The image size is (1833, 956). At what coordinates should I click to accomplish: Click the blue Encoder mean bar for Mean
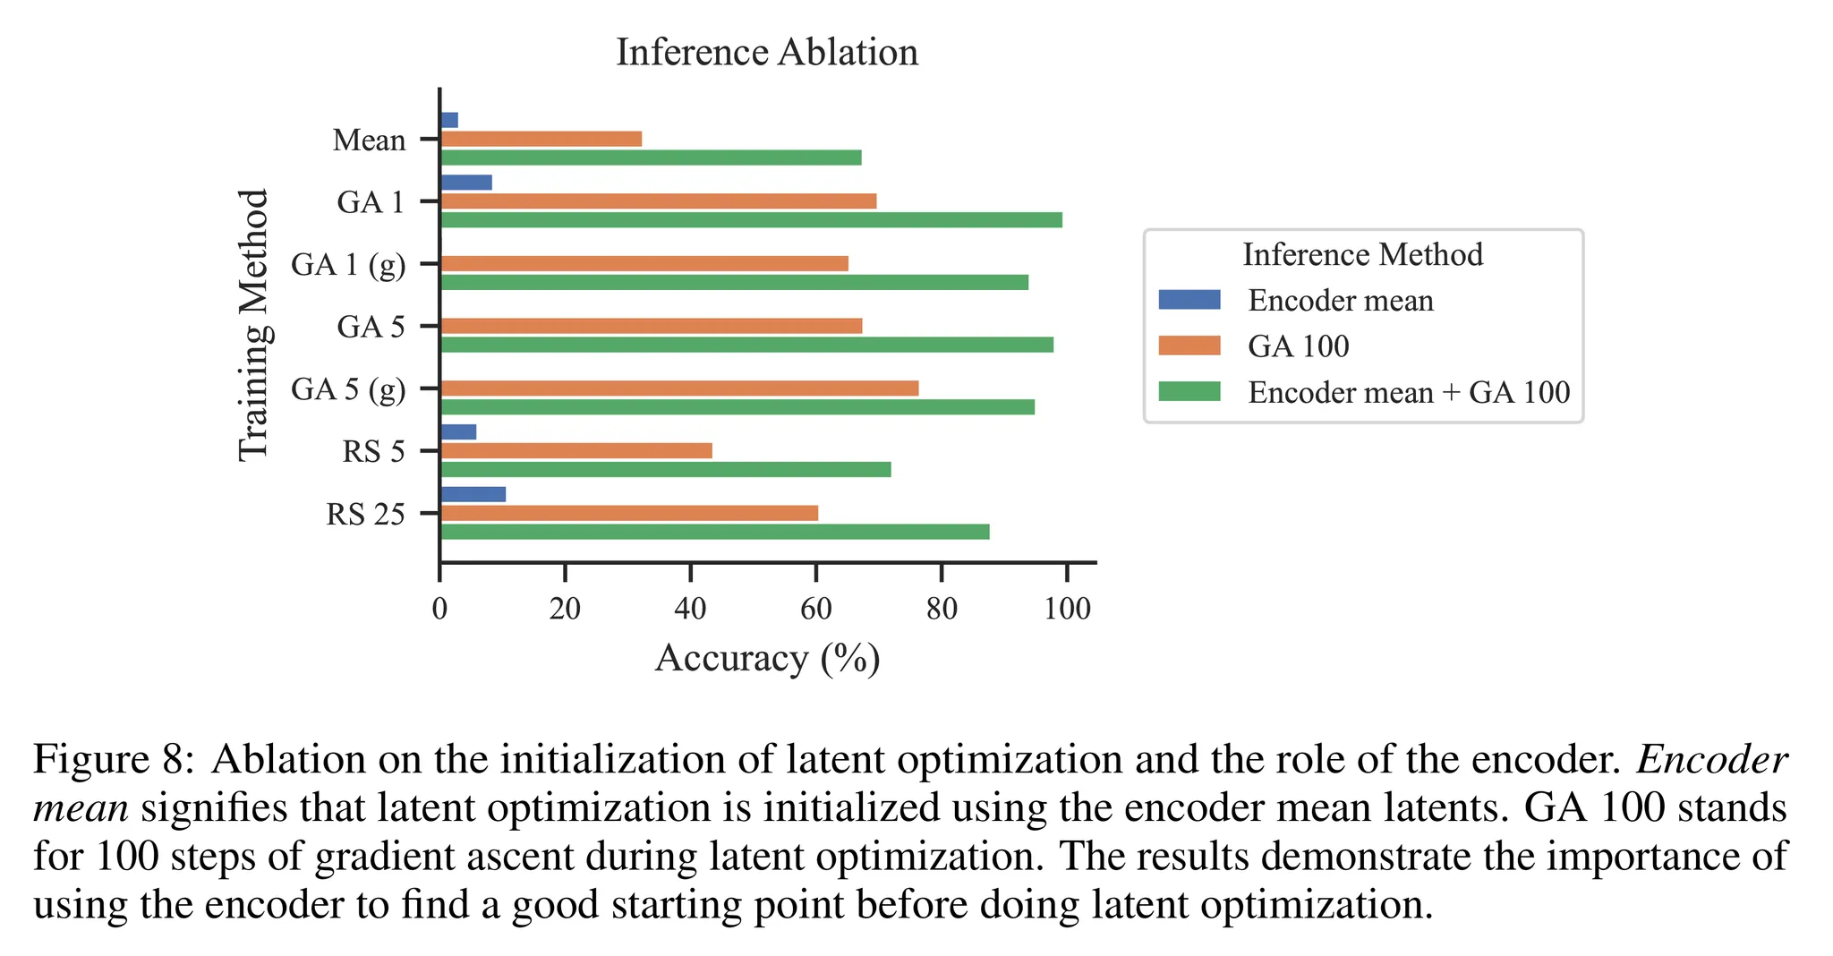pyautogui.click(x=449, y=120)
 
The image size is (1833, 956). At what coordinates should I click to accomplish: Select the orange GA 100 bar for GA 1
pyautogui.click(x=658, y=201)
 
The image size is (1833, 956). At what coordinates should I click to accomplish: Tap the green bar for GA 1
pyautogui.click(x=751, y=220)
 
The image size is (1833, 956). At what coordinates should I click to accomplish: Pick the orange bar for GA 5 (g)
pyautogui.click(x=679, y=388)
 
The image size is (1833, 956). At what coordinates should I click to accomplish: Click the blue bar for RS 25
pyautogui.click(x=473, y=494)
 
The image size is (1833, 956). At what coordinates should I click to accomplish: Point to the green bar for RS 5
pyautogui.click(x=665, y=470)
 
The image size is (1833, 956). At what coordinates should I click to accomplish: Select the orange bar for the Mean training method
pyautogui.click(x=541, y=139)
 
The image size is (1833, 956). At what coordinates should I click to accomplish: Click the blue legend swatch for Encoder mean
pyautogui.click(x=1189, y=300)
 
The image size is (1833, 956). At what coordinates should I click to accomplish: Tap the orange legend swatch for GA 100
pyautogui.click(x=1189, y=346)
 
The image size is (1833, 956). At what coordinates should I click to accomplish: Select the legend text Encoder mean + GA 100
pyautogui.click(x=1409, y=393)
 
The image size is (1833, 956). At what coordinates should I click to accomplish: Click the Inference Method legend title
pyautogui.click(x=1362, y=255)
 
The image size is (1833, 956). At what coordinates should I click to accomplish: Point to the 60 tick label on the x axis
pyautogui.click(x=815, y=610)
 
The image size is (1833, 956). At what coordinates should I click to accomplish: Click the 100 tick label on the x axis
pyautogui.click(x=1067, y=610)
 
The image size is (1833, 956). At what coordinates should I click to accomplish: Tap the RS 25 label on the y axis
pyautogui.click(x=365, y=515)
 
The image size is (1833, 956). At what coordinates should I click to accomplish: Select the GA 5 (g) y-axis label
pyautogui.click(x=348, y=389)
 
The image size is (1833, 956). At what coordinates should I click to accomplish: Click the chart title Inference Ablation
pyautogui.click(x=767, y=53)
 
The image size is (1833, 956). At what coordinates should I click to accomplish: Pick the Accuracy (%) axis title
pyautogui.click(x=767, y=659)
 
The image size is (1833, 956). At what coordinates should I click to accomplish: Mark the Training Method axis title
pyautogui.click(x=254, y=325)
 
